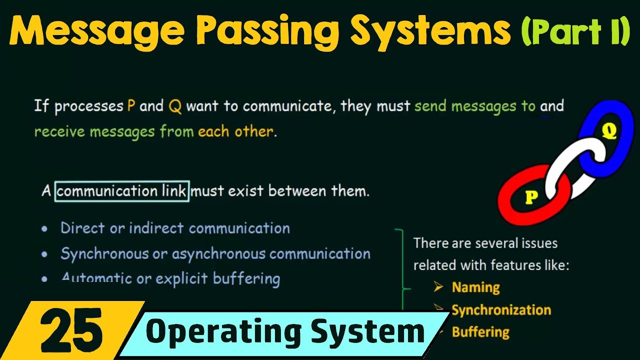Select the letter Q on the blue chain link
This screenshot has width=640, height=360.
coord(609,131)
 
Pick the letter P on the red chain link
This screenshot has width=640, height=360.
coord(531,198)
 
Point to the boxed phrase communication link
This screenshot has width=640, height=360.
coord(122,191)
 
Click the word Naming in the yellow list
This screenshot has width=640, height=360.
coord(475,287)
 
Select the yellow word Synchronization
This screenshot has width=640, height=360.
coord(501,310)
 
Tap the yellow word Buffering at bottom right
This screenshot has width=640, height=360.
coord(480,332)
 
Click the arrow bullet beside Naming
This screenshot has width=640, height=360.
coord(438,287)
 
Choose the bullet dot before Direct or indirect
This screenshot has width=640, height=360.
coord(45,229)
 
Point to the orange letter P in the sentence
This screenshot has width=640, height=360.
coord(131,106)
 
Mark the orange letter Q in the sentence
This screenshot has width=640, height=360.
coord(175,106)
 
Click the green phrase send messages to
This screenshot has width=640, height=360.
coord(474,106)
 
